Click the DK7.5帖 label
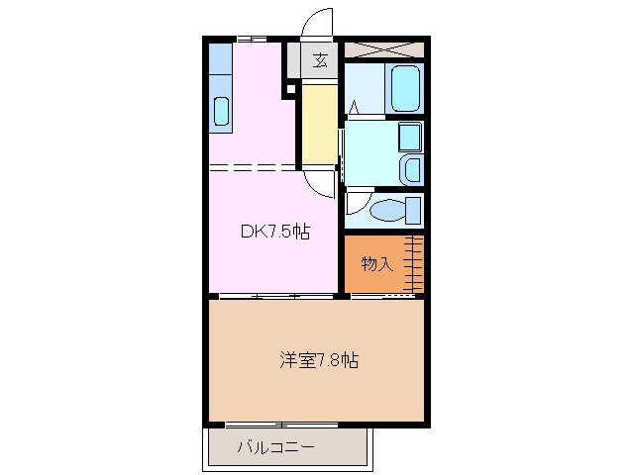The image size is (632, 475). pyautogui.click(x=275, y=233)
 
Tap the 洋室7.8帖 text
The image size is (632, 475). pyautogui.click(x=318, y=360)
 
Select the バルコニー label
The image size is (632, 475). pyautogui.click(x=276, y=447)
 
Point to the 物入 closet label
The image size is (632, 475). pyautogui.click(x=376, y=263)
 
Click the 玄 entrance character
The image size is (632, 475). pyautogui.click(x=320, y=60)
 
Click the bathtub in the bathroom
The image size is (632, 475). pyautogui.click(x=406, y=89)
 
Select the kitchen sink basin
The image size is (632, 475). pyautogui.click(x=220, y=112)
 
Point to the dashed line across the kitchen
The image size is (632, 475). pyautogui.click(x=253, y=167)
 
